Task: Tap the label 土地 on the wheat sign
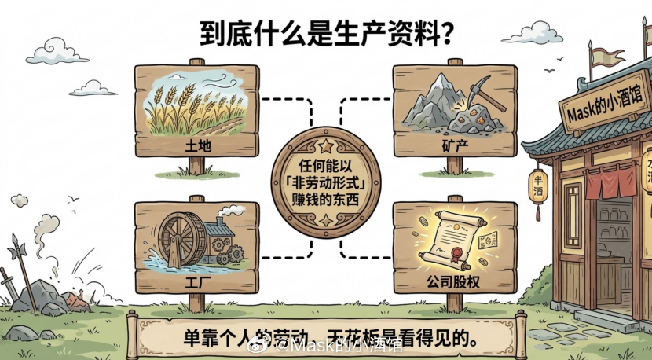[196, 147]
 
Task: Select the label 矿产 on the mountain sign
[456, 147]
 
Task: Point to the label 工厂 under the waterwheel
[196, 281]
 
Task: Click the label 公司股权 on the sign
[455, 281]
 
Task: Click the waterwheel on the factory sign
[181, 236]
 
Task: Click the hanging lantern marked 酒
[538, 189]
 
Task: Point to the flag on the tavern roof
[604, 57]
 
